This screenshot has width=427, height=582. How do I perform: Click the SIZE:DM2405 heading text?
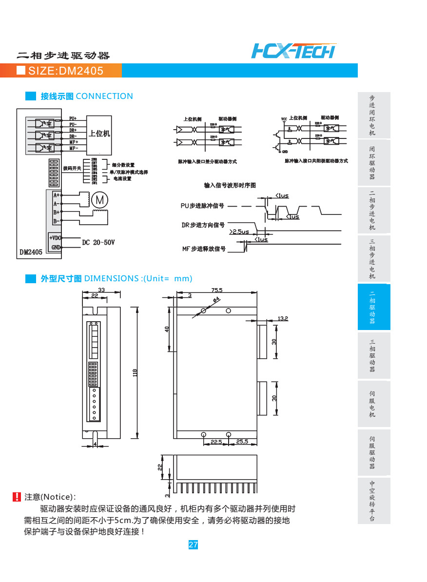point(66,71)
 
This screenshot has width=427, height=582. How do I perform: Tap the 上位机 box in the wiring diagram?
point(99,133)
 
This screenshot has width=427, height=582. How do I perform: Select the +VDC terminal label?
point(55,237)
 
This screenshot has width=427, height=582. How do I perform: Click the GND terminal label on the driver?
point(56,247)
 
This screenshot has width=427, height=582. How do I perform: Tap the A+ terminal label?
point(57,195)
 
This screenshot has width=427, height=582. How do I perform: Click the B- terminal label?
point(57,221)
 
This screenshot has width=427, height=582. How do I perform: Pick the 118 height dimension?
point(136,372)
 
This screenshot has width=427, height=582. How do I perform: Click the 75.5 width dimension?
point(217,290)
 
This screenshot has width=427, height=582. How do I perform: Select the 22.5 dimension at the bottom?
point(216,442)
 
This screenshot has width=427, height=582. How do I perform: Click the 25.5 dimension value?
point(242,442)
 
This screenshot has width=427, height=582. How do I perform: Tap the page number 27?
point(193,544)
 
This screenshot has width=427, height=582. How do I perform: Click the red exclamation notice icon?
point(17,497)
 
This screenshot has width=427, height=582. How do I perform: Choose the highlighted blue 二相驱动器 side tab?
point(372,307)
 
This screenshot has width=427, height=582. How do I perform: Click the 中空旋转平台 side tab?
point(372,501)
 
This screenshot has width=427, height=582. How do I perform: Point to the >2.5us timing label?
point(239,232)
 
